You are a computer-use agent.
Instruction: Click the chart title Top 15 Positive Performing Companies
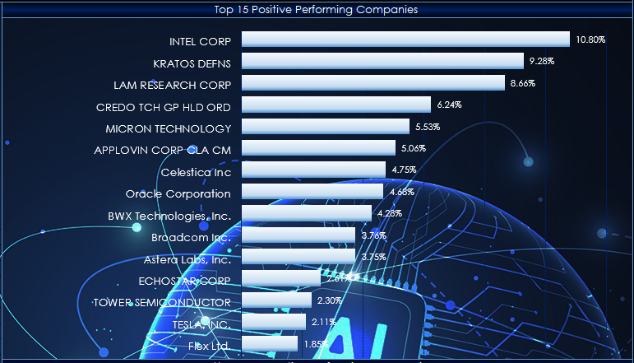tap(316, 10)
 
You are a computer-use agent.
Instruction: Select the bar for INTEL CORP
tap(405, 40)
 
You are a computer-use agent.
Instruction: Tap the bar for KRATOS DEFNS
tap(382, 62)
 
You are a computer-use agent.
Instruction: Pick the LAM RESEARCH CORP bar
tap(373, 83)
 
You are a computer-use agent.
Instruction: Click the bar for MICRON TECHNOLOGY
tap(326, 127)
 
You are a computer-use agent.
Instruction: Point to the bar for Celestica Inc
tap(313, 170)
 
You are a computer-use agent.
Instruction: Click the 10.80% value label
tap(590, 40)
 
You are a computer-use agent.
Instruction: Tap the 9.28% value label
tap(543, 62)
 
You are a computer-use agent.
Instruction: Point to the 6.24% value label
tap(450, 105)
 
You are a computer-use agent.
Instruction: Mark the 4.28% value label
tap(389, 214)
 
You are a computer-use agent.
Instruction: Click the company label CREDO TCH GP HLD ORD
tap(164, 106)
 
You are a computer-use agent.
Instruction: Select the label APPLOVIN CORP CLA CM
tap(163, 150)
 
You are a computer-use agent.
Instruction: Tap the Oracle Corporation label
tap(178, 193)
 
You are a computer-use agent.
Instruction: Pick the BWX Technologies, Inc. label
tap(169, 216)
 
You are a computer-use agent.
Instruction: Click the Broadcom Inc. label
tap(191, 237)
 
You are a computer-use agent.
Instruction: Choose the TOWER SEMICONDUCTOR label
tap(162, 302)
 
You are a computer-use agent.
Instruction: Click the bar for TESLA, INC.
tap(274, 322)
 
